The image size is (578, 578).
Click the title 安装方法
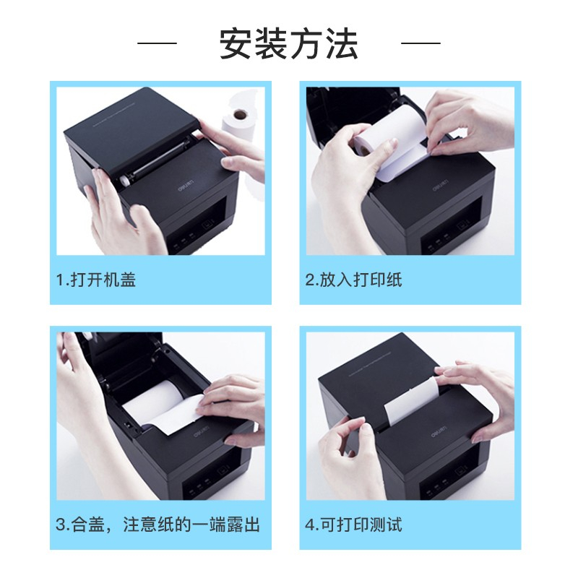288,43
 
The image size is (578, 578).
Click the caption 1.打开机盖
96,280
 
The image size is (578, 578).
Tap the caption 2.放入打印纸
353,280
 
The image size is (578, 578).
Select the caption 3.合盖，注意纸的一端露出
158,525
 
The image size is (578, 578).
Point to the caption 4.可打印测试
353,525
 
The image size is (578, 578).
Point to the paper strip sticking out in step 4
411,400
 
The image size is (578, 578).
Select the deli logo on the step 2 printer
440,186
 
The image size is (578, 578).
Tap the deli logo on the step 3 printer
202,432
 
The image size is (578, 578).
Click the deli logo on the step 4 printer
439,432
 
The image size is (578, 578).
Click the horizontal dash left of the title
157,43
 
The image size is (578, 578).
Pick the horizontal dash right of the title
420,43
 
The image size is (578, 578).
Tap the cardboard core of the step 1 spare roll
241,115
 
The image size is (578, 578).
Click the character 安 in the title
236,43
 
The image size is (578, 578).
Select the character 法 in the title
341,43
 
